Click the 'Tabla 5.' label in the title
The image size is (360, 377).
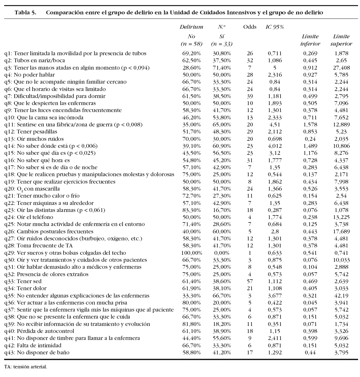tap(26, 13)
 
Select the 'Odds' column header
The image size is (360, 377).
tap(250, 27)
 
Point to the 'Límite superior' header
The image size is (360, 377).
tap(341, 40)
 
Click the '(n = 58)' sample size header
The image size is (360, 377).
tap(191, 44)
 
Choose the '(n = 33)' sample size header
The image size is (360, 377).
tap(221, 44)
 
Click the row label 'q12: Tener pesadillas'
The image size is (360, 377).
tap(31, 132)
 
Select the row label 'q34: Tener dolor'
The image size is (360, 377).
tap(26, 288)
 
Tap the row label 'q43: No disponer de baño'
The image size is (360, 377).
tap(37, 352)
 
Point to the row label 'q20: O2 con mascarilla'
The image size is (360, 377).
tap(32, 189)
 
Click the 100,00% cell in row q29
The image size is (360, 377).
tap(191, 253)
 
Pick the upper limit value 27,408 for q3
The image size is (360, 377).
tap(341, 68)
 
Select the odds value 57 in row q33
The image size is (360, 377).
tap(250, 281)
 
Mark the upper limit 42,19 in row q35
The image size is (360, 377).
tap(341, 296)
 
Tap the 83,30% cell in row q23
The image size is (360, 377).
tap(191, 210)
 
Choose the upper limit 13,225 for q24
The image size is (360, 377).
tap(341, 217)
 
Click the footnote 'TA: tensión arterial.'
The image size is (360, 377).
tap(26, 367)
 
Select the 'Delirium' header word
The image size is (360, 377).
tap(191, 27)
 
